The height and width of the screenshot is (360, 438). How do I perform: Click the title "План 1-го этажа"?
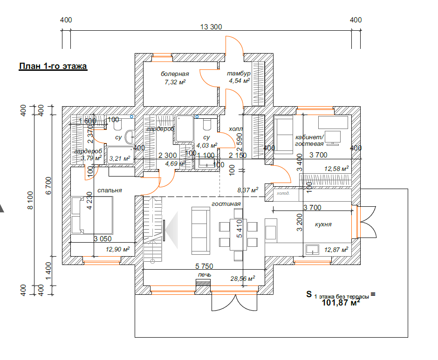[53, 66]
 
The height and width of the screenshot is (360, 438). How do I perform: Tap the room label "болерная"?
[175, 74]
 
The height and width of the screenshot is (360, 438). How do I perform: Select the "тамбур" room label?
[239, 74]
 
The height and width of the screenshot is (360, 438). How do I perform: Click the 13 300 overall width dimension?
[211, 27]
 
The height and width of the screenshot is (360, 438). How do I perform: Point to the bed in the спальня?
[92, 214]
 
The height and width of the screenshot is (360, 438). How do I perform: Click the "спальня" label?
[109, 190]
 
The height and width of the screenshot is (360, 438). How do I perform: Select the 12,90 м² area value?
[117, 250]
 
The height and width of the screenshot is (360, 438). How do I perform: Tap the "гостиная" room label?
[226, 204]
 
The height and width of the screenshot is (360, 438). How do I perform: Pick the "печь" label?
[205, 274]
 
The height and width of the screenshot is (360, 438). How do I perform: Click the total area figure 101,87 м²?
[341, 303]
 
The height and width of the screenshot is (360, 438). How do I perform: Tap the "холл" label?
[236, 129]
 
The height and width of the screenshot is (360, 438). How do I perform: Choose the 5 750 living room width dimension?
[204, 266]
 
